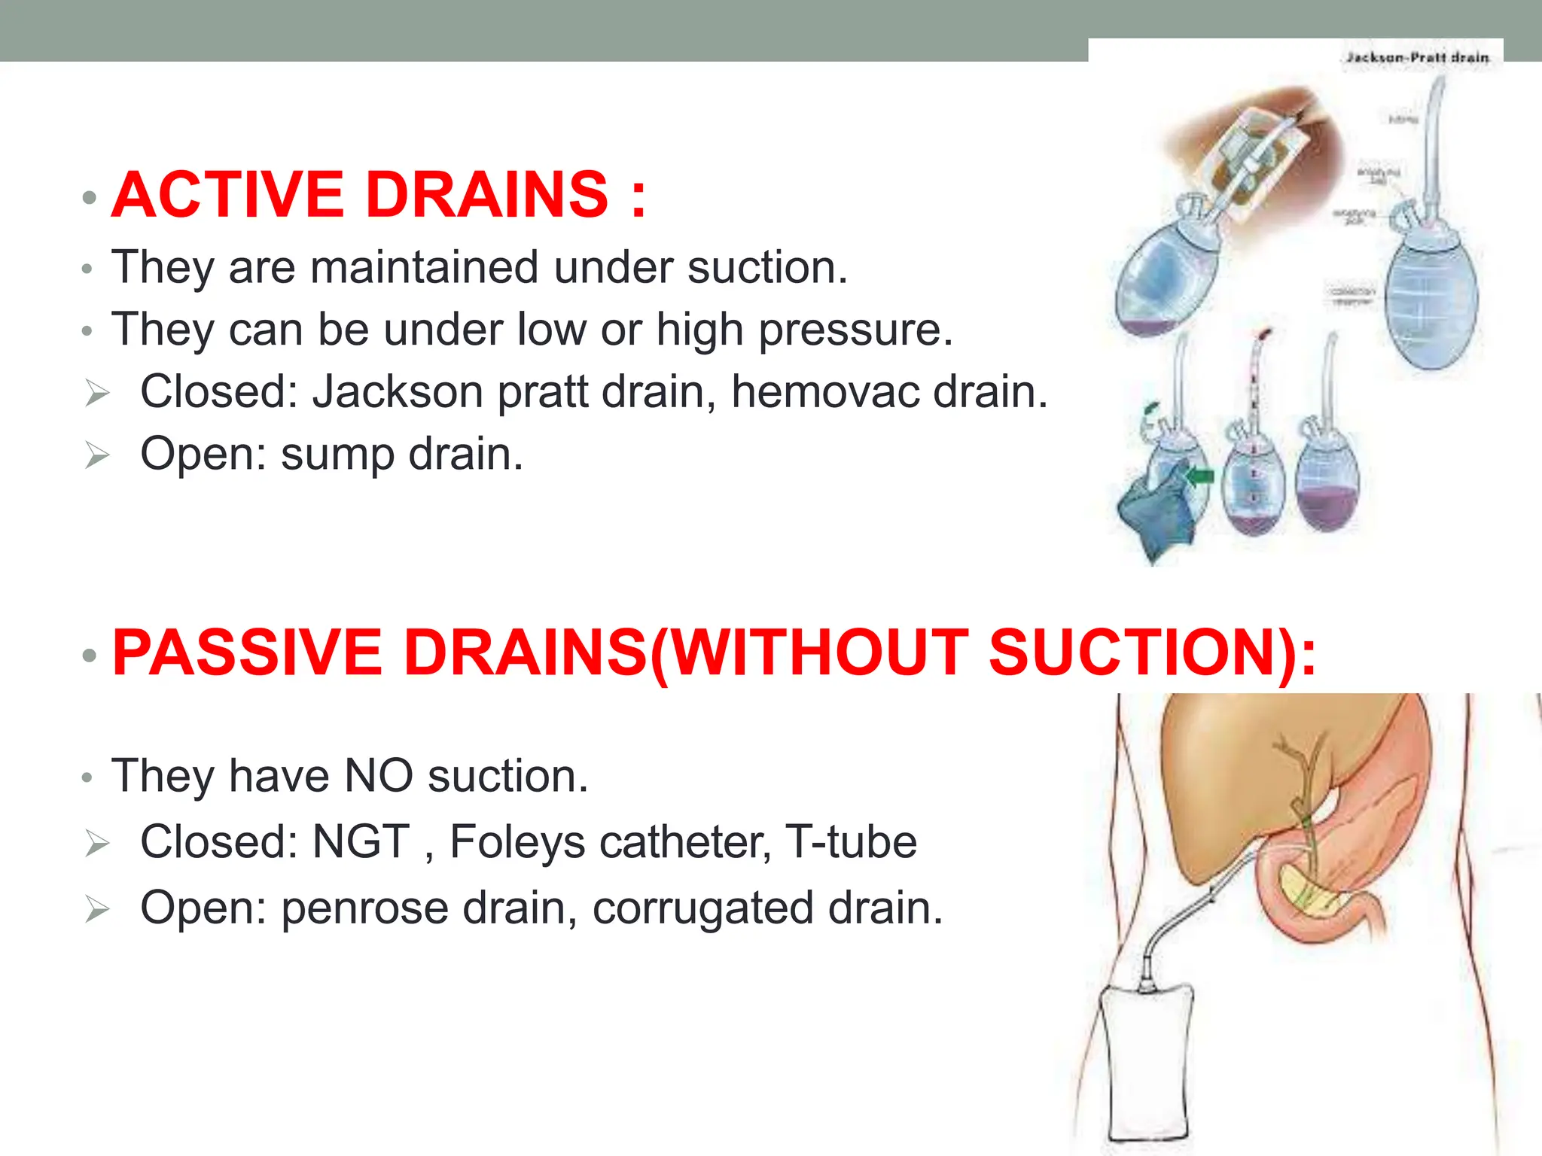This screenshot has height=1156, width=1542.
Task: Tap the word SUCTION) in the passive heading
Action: click(x=1152, y=653)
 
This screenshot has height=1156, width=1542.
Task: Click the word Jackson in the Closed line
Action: click(x=398, y=392)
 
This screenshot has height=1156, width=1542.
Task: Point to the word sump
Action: click(x=337, y=455)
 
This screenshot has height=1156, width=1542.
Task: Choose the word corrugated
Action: click(x=702, y=908)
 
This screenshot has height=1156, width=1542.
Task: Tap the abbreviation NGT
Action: click(x=361, y=841)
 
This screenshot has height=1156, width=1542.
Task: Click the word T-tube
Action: click(x=851, y=841)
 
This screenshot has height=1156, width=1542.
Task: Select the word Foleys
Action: click(x=517, y=841)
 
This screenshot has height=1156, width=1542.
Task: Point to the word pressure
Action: click(x=855, y=330)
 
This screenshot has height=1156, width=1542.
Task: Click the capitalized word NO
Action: click(x=378, y=776)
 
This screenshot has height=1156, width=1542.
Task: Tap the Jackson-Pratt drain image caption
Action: click(x=1417, y=57)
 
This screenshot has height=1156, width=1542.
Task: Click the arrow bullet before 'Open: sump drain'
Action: click(x=97, y=455)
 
